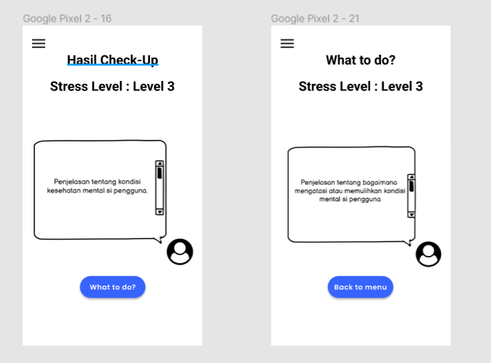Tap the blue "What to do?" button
coord(113,286)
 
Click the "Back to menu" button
coord(360,286)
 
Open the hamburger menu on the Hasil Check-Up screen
coord(39,43)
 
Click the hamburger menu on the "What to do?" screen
coord(287,43)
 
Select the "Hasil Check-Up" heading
coord(113,60)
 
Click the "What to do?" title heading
coord(361,60)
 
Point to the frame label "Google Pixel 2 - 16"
coord(68,18)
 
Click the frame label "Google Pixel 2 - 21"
coord(315,18)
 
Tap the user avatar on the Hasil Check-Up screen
coord(180,251)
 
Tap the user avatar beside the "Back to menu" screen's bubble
coord(428,254)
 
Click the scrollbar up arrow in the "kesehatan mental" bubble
coord(159,163)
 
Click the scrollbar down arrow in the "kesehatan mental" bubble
coord(159,212)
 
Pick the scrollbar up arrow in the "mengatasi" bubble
coord(412,177)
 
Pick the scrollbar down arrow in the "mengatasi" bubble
coord(412,214)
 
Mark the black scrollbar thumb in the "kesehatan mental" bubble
coord(159,173)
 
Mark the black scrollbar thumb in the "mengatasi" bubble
coord(412,187)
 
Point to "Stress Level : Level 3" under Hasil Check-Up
coord(113,86)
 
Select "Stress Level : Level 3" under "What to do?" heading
coord(361,86)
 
